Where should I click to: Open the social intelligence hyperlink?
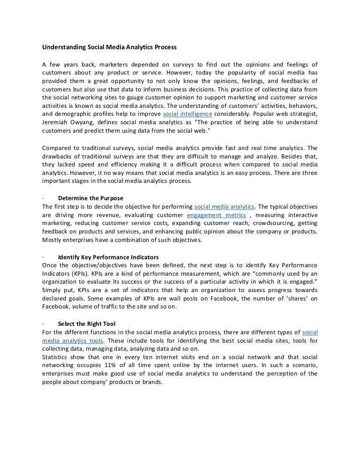tap(187, 114)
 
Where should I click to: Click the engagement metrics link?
tap(216, 215)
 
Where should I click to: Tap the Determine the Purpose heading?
tap(90, 198)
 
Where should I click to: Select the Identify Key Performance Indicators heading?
tap(108, 257)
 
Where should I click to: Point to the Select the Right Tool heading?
tap(87, 324)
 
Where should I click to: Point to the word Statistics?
tap(57, 357)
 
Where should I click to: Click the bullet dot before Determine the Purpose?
tap(43, 198)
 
